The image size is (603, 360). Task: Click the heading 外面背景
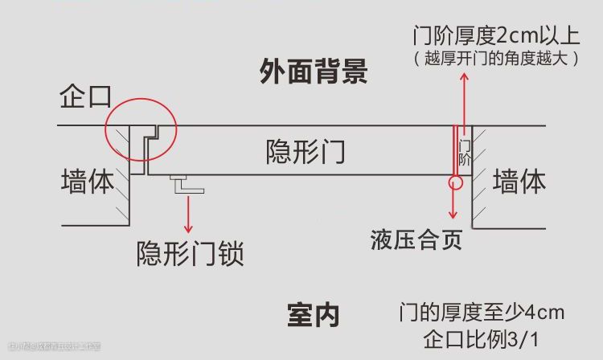314,72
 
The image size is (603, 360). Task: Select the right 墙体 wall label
519,181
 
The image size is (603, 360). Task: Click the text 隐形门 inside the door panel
306,151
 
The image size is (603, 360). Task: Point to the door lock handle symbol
187,185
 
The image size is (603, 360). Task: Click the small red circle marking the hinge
457,181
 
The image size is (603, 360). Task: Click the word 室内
313,316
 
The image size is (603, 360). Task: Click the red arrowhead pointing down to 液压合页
453,215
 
